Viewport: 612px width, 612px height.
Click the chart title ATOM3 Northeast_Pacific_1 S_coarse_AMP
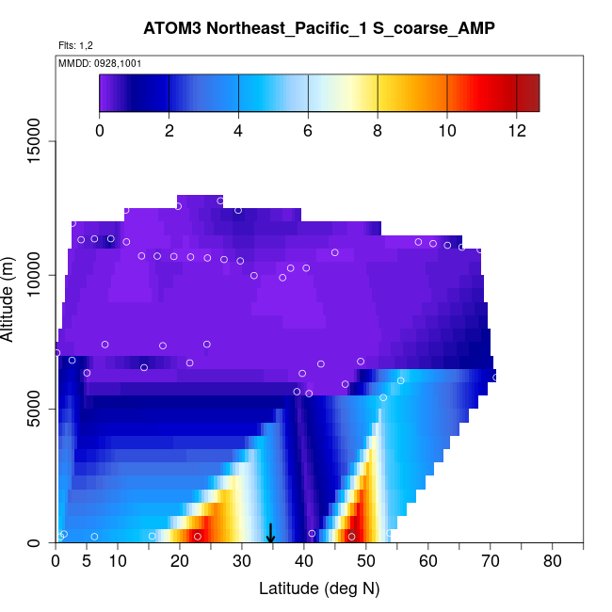click(x=319, y=28)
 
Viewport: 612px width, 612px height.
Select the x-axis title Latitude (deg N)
click(x=319, y=588)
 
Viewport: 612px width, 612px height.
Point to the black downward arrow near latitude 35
click(x=271, y=534)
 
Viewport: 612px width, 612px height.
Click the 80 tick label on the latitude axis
click(x=553, y=562)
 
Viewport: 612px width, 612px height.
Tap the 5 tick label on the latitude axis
click(x=87, y=562)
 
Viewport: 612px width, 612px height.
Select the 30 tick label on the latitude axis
click(x=242, y=562)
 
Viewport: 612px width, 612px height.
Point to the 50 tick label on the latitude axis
click(x=366, y=562)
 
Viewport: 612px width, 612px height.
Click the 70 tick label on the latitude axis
click(x=491, y=562)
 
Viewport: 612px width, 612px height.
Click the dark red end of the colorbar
click(x=530, y=92)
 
